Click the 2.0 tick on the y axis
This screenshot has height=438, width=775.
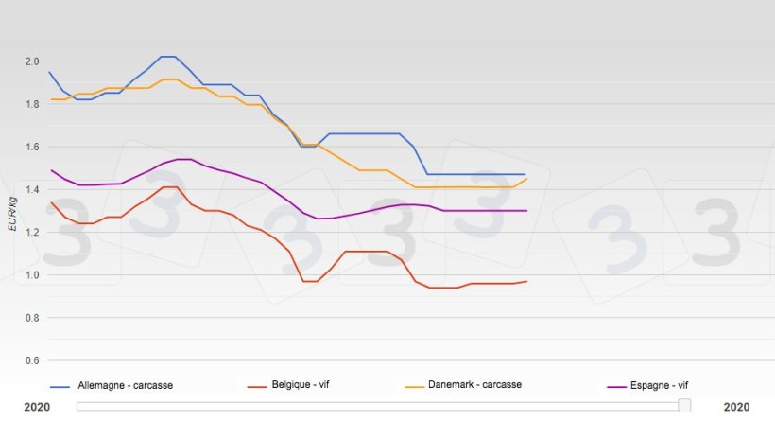pyautogui.click(x=31, y=61)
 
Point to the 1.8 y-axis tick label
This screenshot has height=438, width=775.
pyautogui.click(x=31, y=104)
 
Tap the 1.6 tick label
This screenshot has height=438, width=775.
pyautogui.click(x=31, y=147)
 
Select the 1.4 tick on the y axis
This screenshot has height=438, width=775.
pyautogui.click(x=31, y=190)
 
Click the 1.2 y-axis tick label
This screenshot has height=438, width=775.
pyautogui.click(x=31, y=233)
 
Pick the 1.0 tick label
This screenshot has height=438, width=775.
pyautogui.click(x=31, y=275)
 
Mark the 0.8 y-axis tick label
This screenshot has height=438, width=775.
pyautogui.click(x=31, y=318)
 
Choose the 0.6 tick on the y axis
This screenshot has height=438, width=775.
pyautogui.click(x=31, y=360)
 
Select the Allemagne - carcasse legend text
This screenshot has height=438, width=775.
pyautogui.click(x=125, y=385)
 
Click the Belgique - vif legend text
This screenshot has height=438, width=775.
pyautogui.click(x=300, y=385)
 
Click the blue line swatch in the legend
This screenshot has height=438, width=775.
pyautogui.click(x=60, y=386)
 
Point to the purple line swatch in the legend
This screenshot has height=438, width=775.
pyautogui.click(x=616, y=386)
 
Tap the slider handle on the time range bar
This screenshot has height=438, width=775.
pyautogui.click(x=684, y=406)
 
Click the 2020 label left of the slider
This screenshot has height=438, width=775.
pyautogui.click(x=37, y=407)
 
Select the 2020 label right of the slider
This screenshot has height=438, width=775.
pyautogui.click(x=736, y=407)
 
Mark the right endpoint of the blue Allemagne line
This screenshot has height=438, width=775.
pyautogui.click(x=525, y=174)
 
